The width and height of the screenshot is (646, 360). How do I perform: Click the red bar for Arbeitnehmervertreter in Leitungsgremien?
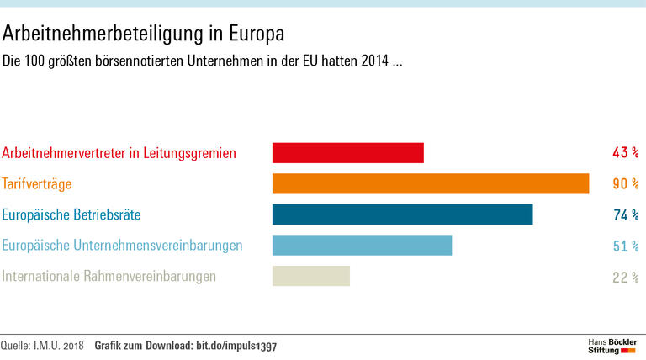pos(347,153)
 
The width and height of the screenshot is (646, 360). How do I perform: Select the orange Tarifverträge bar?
pos(430,183)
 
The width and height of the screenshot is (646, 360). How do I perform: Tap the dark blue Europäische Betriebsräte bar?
pos(402,214)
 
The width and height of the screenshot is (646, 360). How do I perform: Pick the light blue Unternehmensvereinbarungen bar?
pos(362,246)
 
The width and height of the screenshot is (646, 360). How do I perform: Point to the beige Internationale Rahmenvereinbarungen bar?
pos(310,276)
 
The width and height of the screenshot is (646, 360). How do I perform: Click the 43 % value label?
pos(625,153)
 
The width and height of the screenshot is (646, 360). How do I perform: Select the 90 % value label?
pos(625,183)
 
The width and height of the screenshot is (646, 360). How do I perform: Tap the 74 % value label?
pos(625,214)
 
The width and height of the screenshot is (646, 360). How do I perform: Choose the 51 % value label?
pos(625,246)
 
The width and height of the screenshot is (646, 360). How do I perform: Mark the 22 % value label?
pos(625,277)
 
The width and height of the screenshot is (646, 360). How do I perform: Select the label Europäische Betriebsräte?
pos(71,214)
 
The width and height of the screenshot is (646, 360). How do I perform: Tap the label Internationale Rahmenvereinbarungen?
pos(109,276)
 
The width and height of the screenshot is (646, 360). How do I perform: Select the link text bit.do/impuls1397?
pos(236,346)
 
